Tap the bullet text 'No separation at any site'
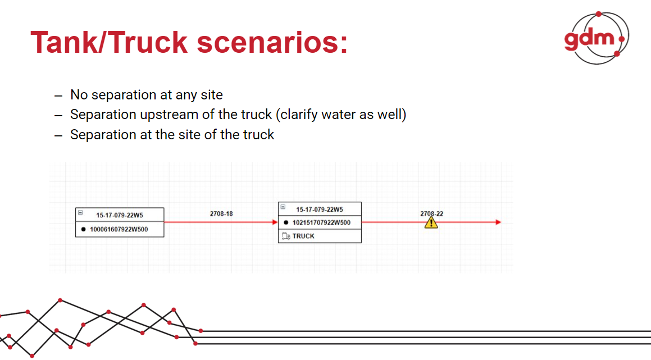(x=146, y=95)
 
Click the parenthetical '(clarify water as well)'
(x=341, y=115)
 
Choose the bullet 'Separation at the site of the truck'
(x=172, y=135)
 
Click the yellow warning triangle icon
(x=431, y=222)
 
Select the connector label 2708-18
(x=221, y=214)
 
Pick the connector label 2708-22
(x=431, y=213)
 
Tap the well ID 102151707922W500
(x=322, y=222)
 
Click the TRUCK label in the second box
(x=303, y=236)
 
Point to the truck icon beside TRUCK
(x=285, y=236)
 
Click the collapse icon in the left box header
(x=80, y=213)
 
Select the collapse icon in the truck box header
(x=283, y=207)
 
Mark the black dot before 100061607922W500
(x=83, y=229)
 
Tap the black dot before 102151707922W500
(x=286, y=222)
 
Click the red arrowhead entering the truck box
(x=275, y=222)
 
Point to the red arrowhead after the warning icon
(x=498, y=222)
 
